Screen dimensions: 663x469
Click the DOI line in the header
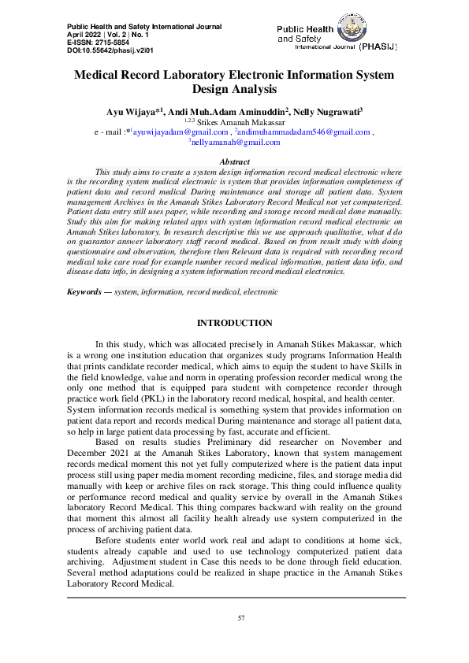click(94, 50)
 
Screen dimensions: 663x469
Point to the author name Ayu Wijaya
click(130, 112)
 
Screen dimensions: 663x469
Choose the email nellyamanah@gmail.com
click(236, 142)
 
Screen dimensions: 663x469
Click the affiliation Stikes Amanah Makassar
click(235, 123)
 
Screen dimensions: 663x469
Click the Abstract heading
click(234, 161)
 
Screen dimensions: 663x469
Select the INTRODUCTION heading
click(234, 323)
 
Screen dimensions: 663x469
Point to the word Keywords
click(85, 291)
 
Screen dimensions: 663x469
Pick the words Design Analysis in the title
click(235, 90)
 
